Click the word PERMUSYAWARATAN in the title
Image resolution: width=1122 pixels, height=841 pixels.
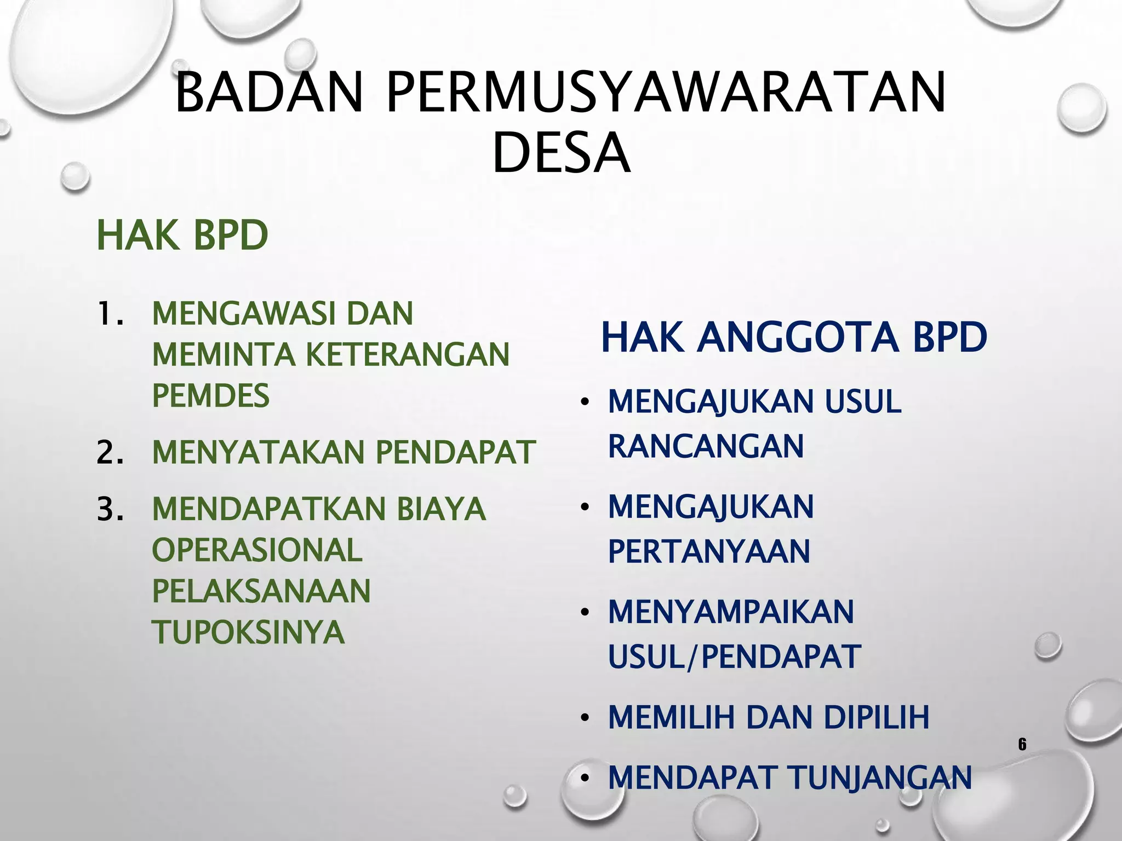[666, 93]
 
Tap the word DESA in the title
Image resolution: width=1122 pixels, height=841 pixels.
[561, 153]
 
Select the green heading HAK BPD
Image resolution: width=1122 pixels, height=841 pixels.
[182, 235]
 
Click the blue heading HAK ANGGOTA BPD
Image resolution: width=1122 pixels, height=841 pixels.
[794, 337]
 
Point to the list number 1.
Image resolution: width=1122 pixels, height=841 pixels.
[109, 314]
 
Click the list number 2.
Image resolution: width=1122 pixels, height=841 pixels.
[109, 452]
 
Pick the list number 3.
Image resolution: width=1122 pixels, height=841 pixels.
[109, 509]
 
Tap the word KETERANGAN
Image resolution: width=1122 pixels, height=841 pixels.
[407, 354]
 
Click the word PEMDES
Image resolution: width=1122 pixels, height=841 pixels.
[211, 395]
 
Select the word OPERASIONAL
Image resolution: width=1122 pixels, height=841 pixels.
[257, 550]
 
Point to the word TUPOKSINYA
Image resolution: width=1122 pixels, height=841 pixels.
[248, 632]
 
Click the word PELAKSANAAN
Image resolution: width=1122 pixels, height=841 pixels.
[261, 591]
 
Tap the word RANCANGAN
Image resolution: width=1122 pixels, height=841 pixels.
[706, 446]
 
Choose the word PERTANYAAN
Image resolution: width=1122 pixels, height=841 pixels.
[709, 551]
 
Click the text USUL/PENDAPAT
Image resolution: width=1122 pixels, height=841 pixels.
[734, 656]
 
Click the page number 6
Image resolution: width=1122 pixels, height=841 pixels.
[1022, 745]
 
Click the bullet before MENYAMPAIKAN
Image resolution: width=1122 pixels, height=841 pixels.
[585, 613]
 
